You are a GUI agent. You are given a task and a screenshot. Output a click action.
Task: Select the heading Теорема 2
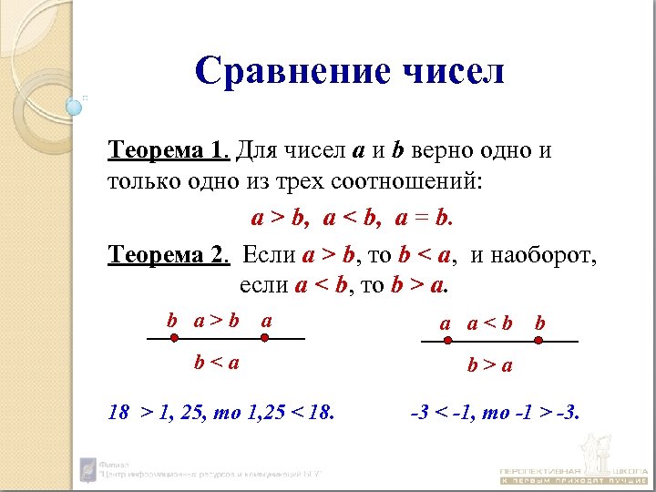[166, 255]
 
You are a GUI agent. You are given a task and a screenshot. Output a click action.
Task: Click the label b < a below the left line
[216, 363]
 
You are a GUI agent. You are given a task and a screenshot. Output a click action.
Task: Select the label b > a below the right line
[490, 366]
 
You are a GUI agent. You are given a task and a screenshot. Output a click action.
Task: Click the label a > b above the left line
[216, 320]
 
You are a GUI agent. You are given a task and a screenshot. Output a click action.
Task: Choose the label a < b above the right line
[490, 323]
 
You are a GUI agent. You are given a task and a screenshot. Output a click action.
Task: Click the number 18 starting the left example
[118, 413]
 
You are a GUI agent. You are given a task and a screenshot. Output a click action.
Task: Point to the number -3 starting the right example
[420, 413]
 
